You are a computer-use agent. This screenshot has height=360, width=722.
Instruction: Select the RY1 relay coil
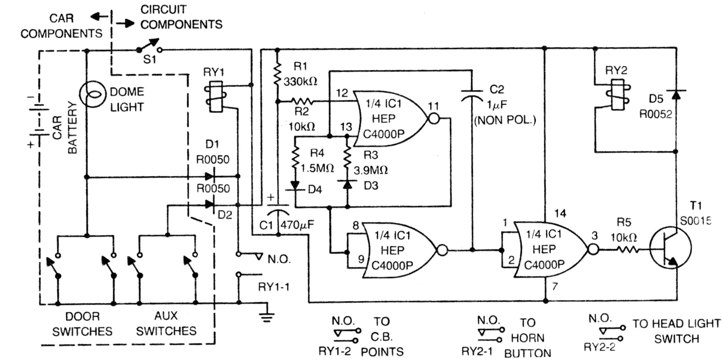(x=214, y=97)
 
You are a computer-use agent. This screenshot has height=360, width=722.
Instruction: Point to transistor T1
(x=671, y=249)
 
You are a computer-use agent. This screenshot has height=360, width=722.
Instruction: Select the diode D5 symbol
(x=676, y=94)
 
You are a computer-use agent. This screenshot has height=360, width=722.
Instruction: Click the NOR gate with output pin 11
(x=390, y=118)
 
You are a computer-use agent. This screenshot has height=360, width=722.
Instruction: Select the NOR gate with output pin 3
(x=550, y=250)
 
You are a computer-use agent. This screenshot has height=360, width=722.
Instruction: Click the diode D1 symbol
(x=210, y=176)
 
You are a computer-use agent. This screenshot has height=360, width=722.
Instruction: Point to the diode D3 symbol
(x=347, y=185)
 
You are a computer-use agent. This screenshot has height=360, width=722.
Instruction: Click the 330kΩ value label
(x=301, y=81)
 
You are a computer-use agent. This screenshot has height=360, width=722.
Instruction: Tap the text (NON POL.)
(x=505, y=120)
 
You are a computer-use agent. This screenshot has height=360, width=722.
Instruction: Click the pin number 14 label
(x=560, y=214)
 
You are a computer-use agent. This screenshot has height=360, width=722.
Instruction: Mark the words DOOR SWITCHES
(x=82, y=323)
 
